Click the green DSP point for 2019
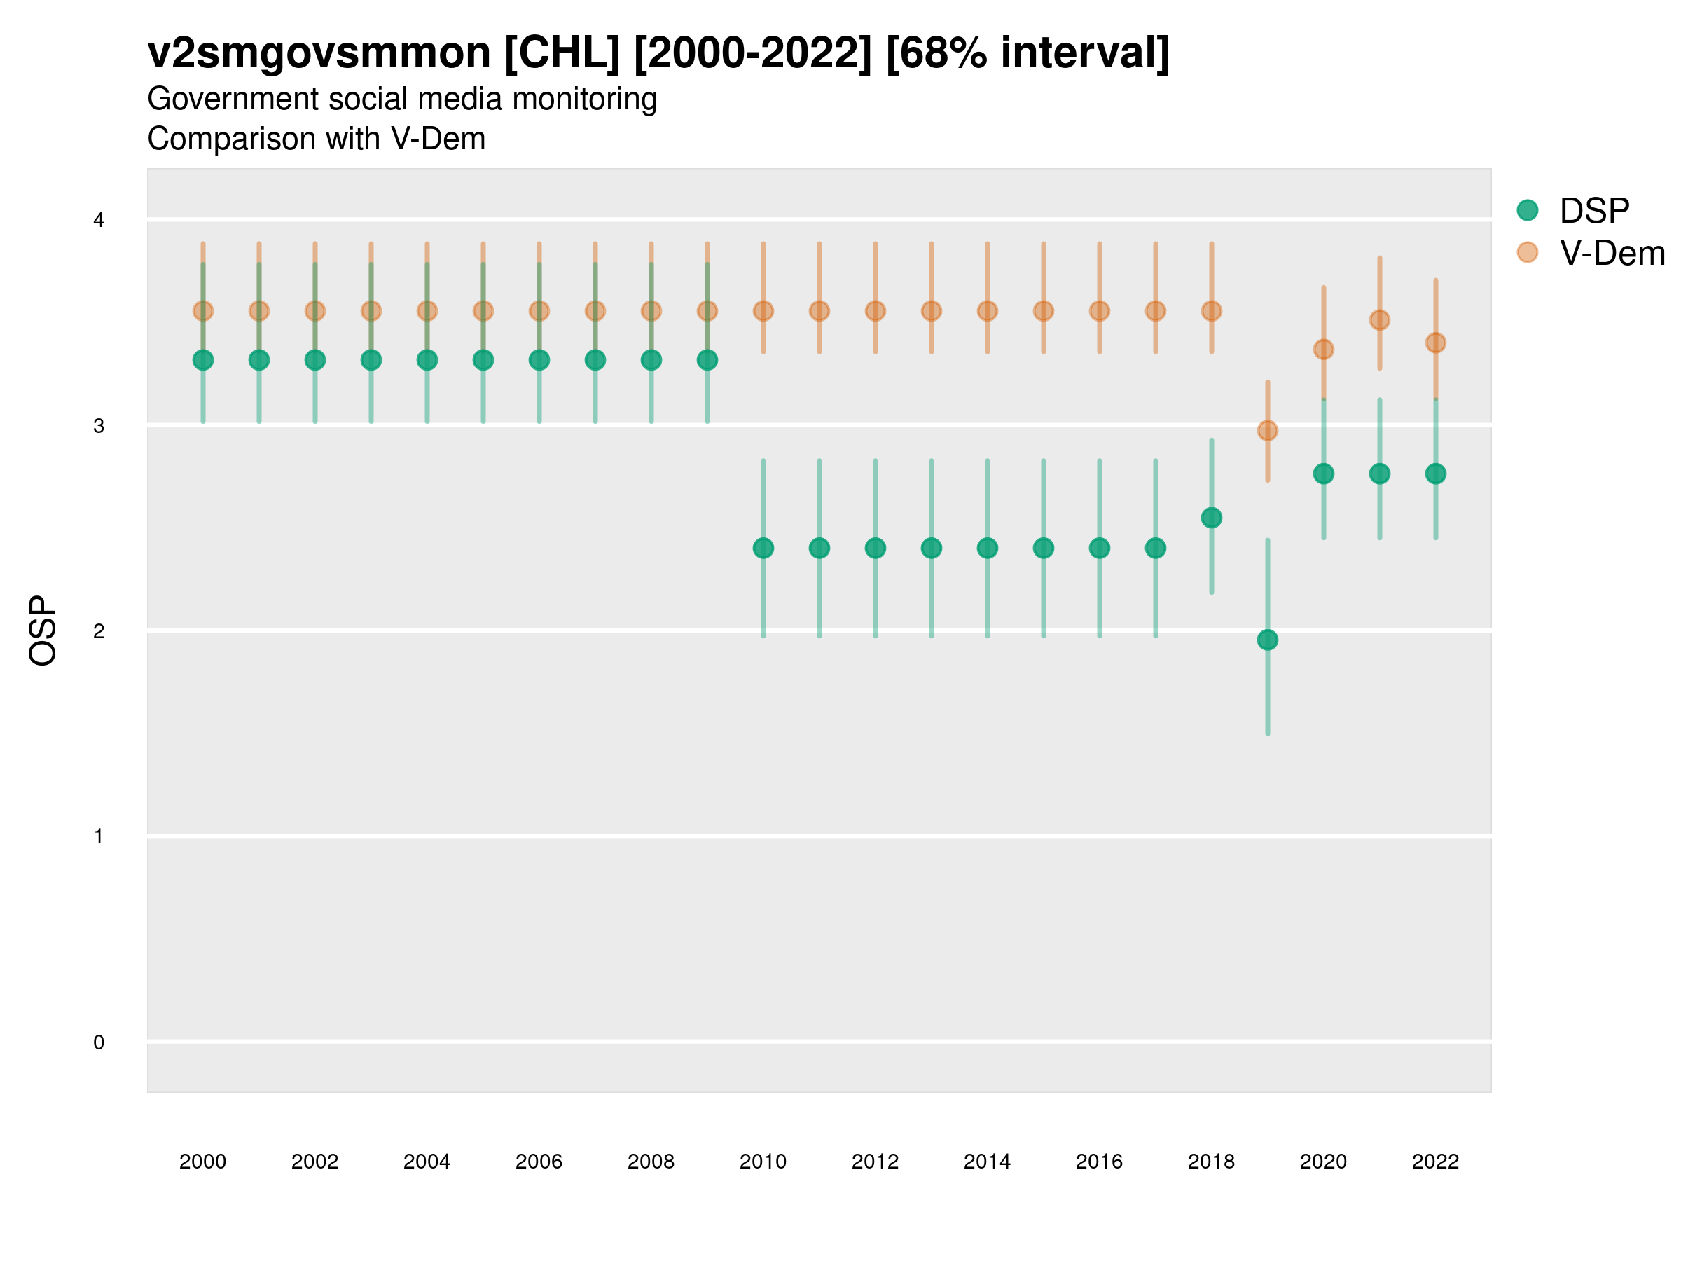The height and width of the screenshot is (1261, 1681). coord(1268,640)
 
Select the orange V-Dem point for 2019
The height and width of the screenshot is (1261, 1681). coord(1268,431)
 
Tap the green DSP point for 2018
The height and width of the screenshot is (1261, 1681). coord(1211,518)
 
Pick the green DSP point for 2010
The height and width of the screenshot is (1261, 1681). coord(763,548)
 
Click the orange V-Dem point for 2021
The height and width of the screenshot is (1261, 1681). coord(1379,320)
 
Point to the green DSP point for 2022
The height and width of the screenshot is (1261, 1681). coord(1436,474)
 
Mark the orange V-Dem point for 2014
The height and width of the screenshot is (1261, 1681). coord(987,311)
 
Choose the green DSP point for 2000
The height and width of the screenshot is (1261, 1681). coord(203,360)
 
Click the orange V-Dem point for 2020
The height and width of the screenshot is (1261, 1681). coord(1324,350)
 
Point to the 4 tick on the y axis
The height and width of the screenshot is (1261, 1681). coord(99,221)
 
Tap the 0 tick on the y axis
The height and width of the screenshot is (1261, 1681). coord(99,1042)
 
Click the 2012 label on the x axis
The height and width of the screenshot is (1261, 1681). coord(876,1162)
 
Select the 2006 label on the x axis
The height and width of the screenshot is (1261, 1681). coord(539,1162)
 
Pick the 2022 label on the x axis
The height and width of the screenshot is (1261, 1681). coord(1436,1162)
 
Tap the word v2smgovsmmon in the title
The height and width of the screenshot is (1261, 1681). coord(319,53)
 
